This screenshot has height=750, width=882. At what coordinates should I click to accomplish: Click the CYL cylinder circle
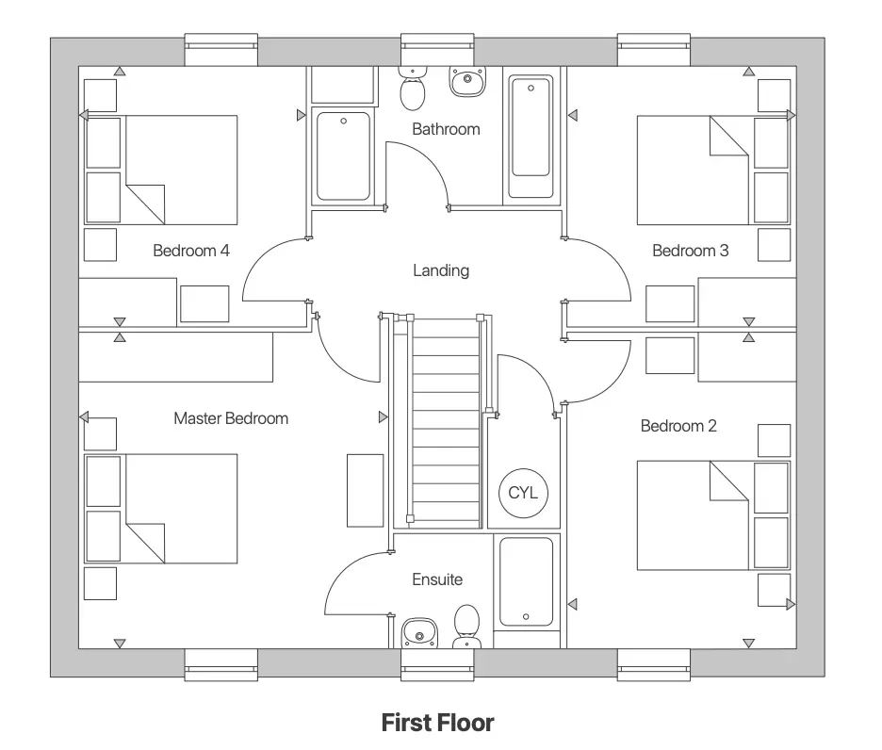[x=522, y=493]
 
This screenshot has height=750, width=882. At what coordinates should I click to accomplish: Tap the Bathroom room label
[x=446, y=129]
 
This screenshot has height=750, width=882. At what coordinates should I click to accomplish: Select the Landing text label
[x=440, y=270]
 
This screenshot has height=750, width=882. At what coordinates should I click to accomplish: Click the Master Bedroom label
[x=231, y=417]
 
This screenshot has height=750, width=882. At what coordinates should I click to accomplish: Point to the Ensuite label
[x=437, y=579]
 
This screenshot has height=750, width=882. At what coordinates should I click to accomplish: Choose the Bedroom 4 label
[x=191, y=251]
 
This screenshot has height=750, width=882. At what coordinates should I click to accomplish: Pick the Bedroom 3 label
[x=691, y=251]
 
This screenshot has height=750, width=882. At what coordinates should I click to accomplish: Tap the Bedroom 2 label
[x=678, y=426]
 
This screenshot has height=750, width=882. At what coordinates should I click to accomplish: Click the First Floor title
[x=437, y=723]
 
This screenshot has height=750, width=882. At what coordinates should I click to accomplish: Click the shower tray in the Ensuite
[x=526, y=582]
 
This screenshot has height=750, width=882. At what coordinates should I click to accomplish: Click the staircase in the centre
[x=447, y=419]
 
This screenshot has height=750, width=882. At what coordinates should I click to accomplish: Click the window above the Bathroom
[x=438, y=50]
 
